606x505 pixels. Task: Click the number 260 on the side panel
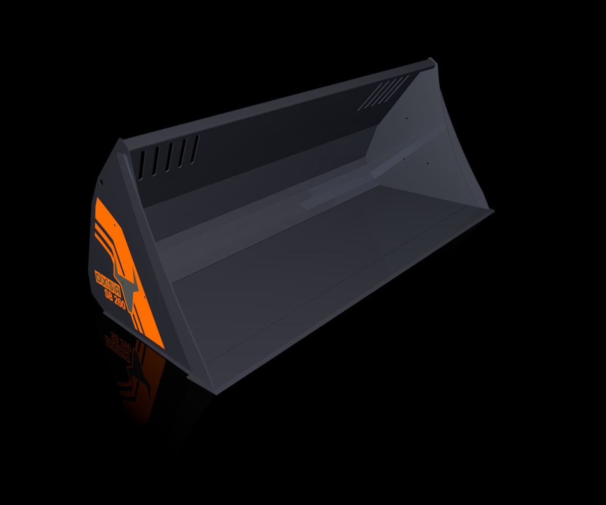pyautogui.click(x=120, y=304)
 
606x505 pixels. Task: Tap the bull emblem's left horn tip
pyautogui.click(x=115, y=258)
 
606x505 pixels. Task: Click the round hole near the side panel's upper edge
pyautogui.click(x=102, y=182)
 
